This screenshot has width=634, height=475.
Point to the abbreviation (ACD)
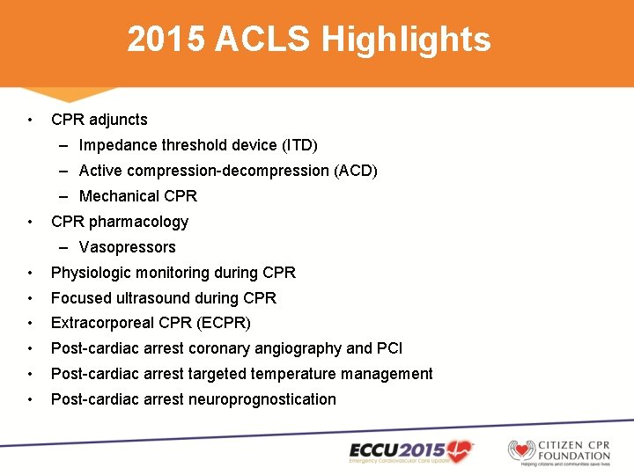pyautogui.click(x=356, y=171)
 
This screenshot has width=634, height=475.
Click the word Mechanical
pyautogui.click(x=119, y=196)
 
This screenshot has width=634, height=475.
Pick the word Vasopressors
pyautogui.click(x=127, y=247)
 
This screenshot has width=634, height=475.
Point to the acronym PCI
pyautogui.click(x=390, y=348)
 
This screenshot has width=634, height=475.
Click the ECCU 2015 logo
pyautogui.click(x=411, y=451)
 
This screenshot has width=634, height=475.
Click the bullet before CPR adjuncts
pyautogui.click(x=31, y=120)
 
